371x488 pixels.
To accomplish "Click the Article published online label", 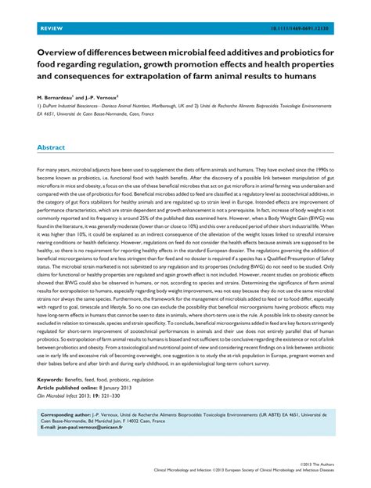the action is (x=69, y=386).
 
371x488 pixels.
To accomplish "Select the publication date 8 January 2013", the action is (x=122, y=386).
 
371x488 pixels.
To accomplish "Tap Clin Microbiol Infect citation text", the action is (x=62, y=394).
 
